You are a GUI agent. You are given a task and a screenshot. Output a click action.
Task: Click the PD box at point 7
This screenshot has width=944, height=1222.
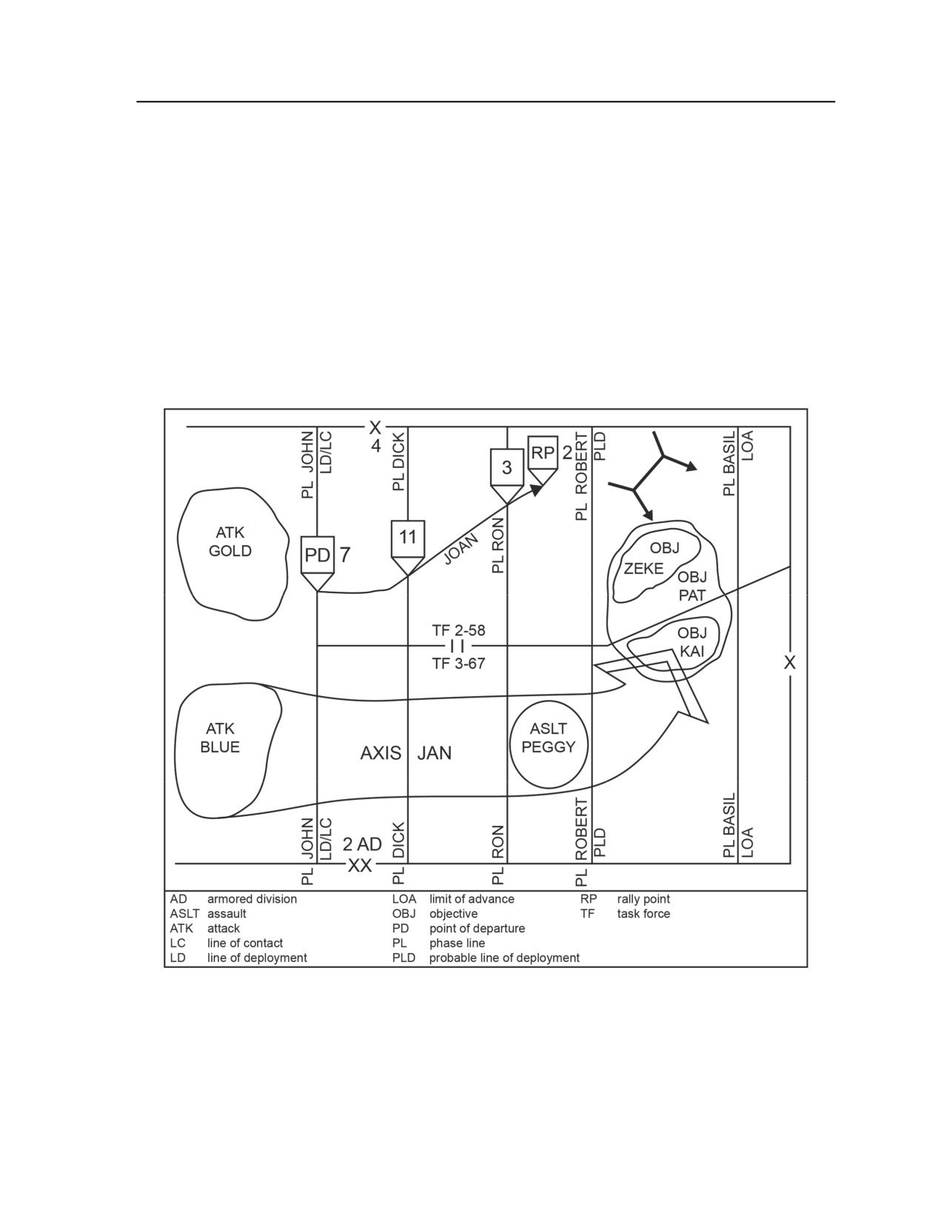(318, 555)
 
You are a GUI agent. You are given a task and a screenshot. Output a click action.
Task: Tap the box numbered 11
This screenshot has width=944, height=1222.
(408, 538)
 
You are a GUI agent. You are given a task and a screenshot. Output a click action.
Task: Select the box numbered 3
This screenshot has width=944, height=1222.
(507, 467)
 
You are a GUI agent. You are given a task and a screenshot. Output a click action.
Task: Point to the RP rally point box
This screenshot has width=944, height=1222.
(543, 453)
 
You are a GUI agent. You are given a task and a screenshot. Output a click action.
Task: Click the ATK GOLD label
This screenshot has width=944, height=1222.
(230, 541)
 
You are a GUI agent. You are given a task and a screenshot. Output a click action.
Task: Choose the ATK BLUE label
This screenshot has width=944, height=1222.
(220, 738)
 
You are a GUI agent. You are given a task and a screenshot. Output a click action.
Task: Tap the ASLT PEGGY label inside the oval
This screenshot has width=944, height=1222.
(549, 738)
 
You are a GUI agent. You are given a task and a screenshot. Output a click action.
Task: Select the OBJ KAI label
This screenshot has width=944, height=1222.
(692, 642)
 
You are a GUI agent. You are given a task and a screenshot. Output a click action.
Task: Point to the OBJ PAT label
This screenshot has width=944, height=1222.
(692, 586)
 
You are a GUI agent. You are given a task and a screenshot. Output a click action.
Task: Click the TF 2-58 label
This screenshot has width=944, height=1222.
(458, 630)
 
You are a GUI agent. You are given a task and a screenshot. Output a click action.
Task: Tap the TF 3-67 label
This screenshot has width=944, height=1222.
(458, 664)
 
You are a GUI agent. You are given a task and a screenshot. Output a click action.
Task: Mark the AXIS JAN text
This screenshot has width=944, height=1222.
(406, 753)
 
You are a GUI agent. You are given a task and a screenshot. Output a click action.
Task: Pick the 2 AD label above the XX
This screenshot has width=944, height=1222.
(362, 844)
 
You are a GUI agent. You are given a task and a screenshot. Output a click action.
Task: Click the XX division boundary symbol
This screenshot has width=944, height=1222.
(360, 866)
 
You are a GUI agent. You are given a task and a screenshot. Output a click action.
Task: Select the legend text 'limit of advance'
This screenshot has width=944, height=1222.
(472, 899)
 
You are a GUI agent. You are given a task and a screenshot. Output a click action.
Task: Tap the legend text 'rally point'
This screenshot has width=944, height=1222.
(643, 899)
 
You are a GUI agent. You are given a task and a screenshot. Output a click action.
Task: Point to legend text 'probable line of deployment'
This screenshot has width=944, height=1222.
(504, 958)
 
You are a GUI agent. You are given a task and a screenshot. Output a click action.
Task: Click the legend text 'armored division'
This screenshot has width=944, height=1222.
(252, 899)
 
